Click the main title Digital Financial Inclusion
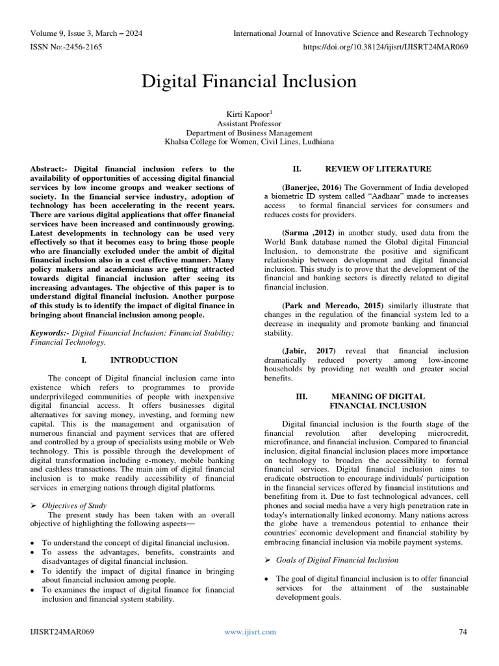point(249,81)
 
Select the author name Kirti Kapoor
point(248,113)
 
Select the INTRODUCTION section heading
point(144,360)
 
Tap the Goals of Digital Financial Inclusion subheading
point(337,560)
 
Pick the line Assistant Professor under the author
point(249,123)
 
